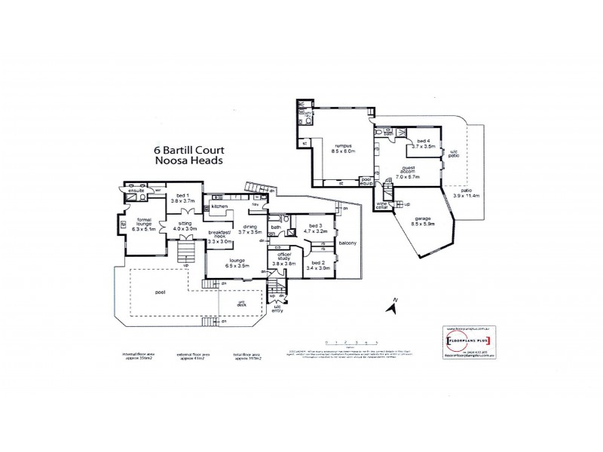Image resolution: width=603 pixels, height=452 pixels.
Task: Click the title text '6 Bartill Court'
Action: (x=188, y=150)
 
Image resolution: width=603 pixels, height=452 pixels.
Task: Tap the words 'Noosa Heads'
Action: (x=188, y=161)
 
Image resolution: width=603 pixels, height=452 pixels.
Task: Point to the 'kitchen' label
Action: (x=219, y=206)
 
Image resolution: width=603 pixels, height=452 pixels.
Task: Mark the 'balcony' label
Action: (x=347, y=243)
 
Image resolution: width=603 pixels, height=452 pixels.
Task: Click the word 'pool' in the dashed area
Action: (x=161, y=292)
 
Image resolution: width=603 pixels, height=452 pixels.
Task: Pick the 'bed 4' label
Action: (x=423, y=144)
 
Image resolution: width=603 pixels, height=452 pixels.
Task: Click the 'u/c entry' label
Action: (x=277, y=309)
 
